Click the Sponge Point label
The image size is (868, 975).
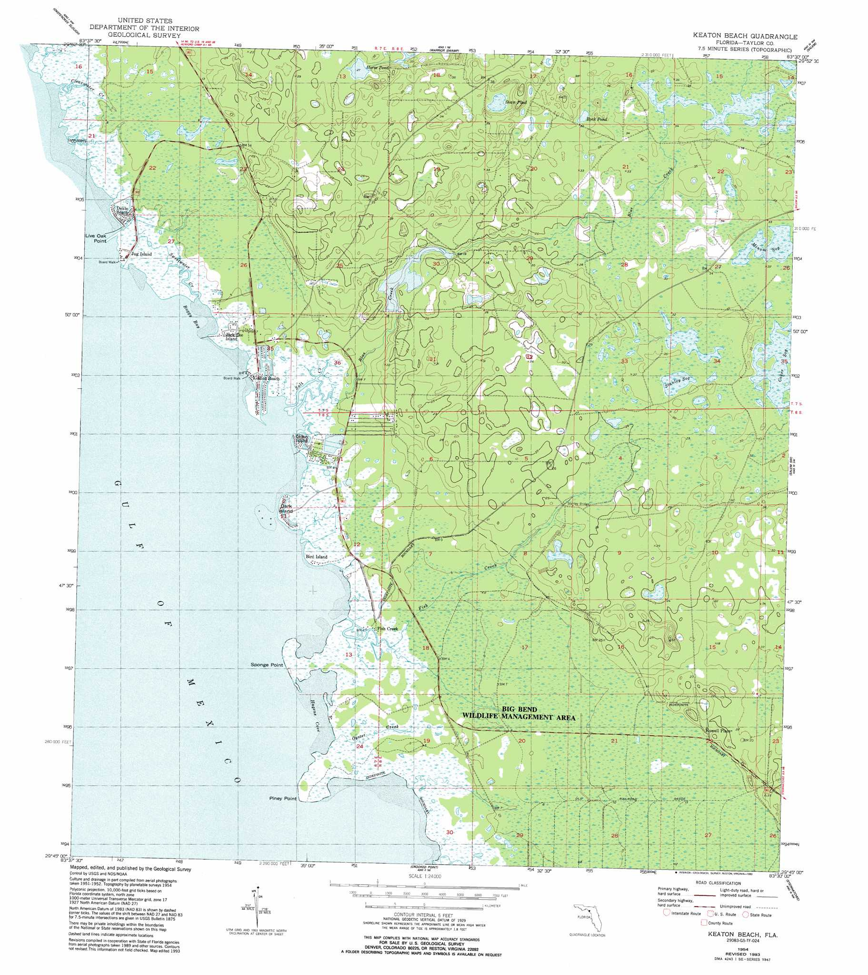coord(267,664)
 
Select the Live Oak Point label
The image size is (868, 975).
coord(96,238)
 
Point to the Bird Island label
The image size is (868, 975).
coord(316,557)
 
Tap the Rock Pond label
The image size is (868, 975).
coord(597,119)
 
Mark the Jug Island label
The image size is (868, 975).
coord(142,254)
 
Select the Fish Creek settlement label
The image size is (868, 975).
coord(387,629)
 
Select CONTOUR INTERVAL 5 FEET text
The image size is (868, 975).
coord(424,916)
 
